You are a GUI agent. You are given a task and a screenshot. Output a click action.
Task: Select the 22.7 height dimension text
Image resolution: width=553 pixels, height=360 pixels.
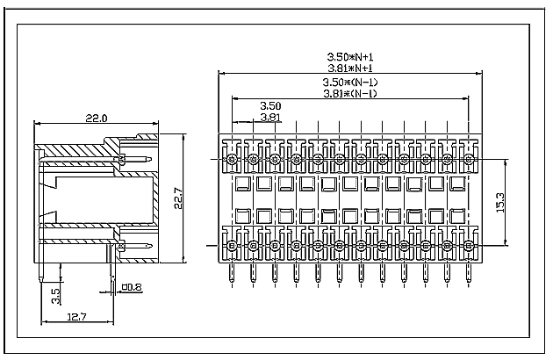(178, 200)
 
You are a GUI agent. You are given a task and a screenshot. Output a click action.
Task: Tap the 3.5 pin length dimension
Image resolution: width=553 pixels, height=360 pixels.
(56, 295)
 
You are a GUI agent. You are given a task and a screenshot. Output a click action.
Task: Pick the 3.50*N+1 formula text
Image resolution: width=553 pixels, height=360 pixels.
(350, 55)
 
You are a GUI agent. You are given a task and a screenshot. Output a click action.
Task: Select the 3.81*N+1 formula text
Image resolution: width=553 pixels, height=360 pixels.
(350, 67)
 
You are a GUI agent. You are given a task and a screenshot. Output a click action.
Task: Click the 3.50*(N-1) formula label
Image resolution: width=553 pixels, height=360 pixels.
(350, 83)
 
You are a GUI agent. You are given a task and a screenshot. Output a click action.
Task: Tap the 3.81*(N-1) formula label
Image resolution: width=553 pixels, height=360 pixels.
(350, 93)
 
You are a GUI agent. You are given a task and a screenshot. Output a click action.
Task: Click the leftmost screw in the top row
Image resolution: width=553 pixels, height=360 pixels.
(232, 159)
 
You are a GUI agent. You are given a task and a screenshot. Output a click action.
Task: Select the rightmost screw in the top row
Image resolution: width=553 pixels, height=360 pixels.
(468, 159)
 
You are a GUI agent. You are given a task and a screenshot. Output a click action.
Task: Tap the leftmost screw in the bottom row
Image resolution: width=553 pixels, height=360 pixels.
(232, 247)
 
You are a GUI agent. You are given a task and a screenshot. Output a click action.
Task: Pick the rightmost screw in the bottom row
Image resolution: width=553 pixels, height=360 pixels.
(468, 247)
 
